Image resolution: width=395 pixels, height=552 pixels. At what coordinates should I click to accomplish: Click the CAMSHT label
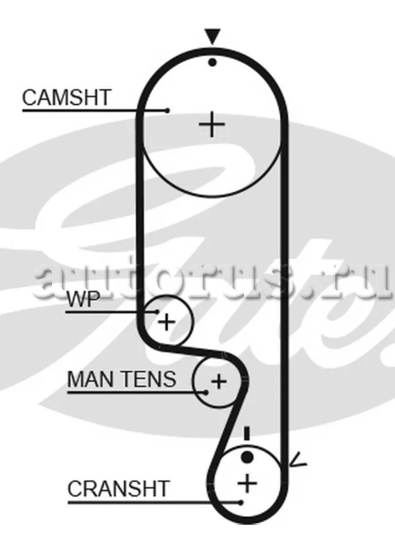[x=67, y=97]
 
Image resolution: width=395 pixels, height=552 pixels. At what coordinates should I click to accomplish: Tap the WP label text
[x=84, y=299]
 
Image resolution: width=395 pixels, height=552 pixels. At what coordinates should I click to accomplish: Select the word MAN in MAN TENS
[x=90, y=380]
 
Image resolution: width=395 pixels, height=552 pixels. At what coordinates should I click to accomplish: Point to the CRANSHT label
[x=119, y=489]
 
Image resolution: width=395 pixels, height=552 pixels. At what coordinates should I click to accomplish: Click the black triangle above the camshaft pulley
[x=213, y=37]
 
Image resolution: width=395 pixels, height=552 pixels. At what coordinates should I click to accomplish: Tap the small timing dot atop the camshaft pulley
[x=212, y=62]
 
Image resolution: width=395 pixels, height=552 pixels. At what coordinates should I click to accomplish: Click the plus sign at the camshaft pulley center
[x=212, y=125]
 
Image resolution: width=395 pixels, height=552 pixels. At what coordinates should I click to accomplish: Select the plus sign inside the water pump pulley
[x=166, y=322]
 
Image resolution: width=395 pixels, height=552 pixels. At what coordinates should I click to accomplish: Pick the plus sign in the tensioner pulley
[x=219, y=381]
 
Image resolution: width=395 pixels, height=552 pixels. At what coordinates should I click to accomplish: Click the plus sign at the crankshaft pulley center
[x=247, y=483]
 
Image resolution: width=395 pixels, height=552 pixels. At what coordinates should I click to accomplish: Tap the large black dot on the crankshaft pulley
[x=247, y=457]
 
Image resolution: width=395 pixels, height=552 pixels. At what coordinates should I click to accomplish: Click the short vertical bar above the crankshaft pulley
[x=247, y=433]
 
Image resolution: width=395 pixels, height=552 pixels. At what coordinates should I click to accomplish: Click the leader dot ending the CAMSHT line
[x=167, y=111]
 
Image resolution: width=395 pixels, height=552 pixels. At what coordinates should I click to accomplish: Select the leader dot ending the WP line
[x=157, y=312]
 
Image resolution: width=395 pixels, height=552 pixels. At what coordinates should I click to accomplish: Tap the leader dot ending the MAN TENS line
[x=206, y=392]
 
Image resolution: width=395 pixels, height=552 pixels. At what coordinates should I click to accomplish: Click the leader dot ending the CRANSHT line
[x=241, y=503]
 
